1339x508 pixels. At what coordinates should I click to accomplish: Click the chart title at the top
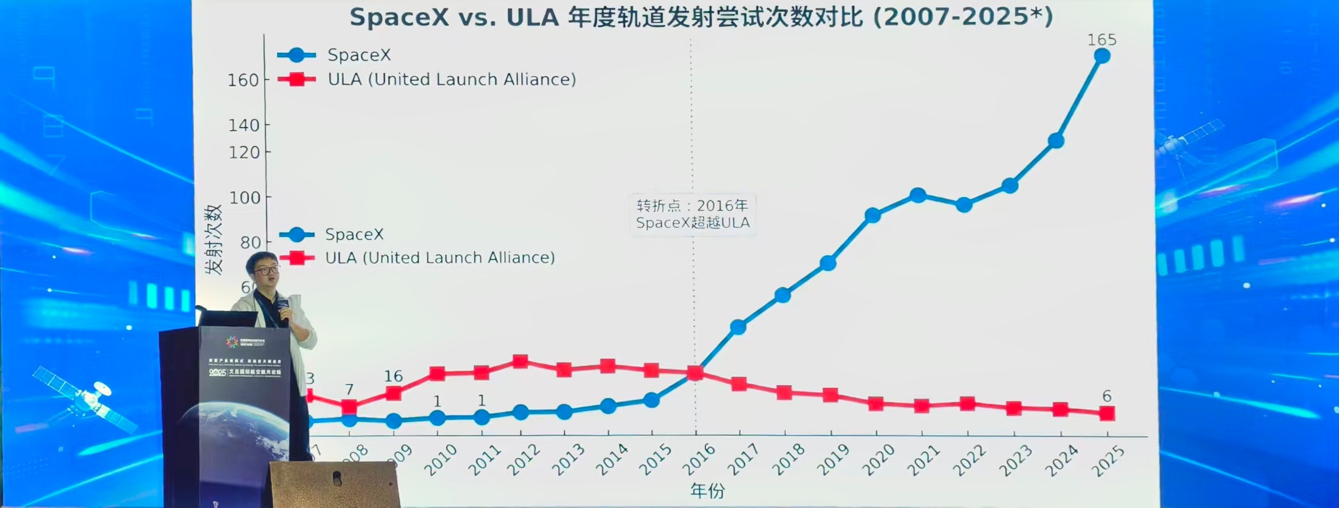point(701,17)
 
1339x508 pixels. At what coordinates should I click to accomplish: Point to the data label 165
point(1101,40)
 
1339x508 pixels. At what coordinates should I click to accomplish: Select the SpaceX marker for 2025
point(1101,56)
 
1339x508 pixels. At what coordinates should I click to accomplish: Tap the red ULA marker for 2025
point(1107,413)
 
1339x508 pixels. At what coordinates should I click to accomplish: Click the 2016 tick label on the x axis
point(699,460)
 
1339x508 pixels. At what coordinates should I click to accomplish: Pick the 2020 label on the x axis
point(878,460)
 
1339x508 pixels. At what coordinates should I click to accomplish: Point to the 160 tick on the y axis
point(243,80)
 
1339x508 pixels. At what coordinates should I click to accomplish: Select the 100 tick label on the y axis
point(244,197)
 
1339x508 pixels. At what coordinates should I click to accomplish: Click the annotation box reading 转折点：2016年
point(693,214)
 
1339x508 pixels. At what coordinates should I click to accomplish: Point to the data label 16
point(393,376)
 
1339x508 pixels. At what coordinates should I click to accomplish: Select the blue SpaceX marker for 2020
point(872,215)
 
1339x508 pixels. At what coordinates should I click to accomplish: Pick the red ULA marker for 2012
point(520,362)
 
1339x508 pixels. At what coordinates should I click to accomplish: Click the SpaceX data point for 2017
point(738,327)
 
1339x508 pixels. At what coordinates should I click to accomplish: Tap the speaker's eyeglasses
point(267,269)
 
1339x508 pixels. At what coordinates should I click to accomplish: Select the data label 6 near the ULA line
point(1106,396)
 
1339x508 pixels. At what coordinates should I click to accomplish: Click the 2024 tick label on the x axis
point(1061,460)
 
